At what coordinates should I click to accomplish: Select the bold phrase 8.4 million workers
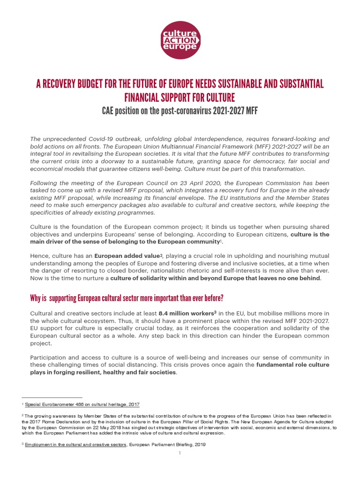pos(187,313)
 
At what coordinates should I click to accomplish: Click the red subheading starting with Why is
pos(127,298)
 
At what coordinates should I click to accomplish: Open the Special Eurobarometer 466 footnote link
pos(82,404)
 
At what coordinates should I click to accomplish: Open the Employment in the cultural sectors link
pos(75,444)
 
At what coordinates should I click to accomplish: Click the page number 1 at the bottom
pos(180,454)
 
